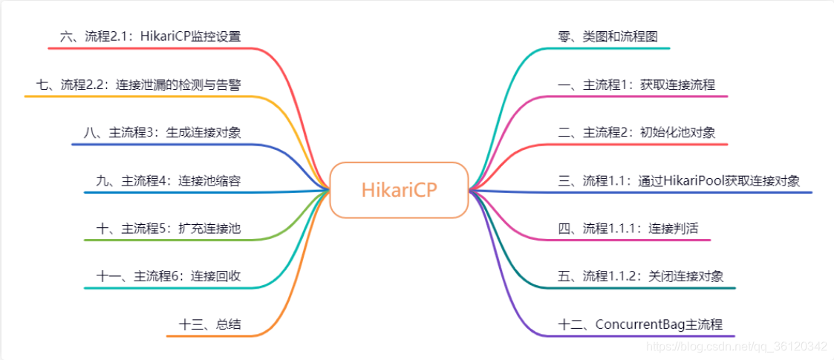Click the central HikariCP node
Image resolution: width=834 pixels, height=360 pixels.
tap(399, 190)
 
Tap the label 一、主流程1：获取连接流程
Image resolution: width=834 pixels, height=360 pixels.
tap(636, 85)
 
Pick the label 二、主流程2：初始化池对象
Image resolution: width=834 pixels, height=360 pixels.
tap(636, 133)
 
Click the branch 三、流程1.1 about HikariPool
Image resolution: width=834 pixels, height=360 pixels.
tap(678, 181)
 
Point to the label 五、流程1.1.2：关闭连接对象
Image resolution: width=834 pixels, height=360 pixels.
tap(640, 277)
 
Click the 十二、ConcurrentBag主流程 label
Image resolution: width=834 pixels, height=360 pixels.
tap(639, 325)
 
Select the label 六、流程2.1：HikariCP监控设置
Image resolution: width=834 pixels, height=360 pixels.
tap(150, 36)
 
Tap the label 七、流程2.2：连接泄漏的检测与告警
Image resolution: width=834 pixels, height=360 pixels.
tap(138, 85)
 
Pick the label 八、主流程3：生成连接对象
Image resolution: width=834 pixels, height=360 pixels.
tap(162, 133)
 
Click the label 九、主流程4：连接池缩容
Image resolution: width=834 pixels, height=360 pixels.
tap(168, 181)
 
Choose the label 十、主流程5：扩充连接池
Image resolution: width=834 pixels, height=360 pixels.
tap(168, 229)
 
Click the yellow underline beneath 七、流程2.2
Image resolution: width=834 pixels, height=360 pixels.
tap(134, 96)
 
